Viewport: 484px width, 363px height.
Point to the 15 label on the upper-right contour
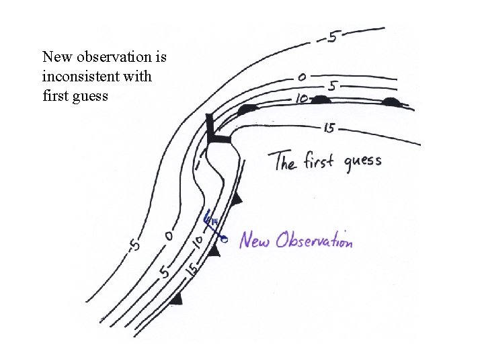[329, 128]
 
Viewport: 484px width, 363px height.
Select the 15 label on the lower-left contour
[192, 270]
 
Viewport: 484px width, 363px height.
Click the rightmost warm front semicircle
[391, 102]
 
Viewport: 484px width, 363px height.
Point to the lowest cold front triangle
[176, 298]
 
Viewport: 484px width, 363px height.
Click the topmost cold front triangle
[236, 199]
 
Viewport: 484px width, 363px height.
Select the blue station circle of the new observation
[225, 238]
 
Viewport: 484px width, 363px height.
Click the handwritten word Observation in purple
[311, 239]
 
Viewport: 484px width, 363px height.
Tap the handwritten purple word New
[256, 239]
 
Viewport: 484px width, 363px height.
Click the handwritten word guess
[363, 162]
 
